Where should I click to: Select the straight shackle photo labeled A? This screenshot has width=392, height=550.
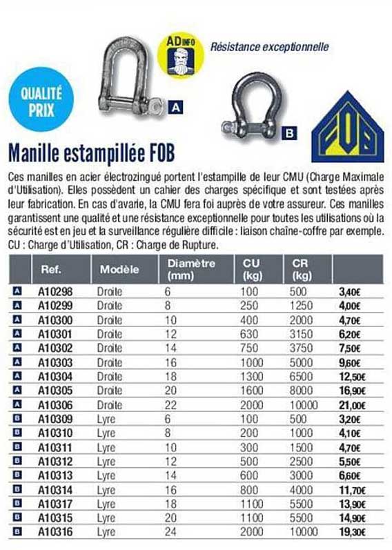tap(130, 77)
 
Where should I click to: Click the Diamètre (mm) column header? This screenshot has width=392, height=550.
tap(190, 268)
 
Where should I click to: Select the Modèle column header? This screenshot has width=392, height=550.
tap(119, 269)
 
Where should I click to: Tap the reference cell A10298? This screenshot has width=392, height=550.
tap(55, 292)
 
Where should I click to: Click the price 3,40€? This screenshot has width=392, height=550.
tap(350, 293)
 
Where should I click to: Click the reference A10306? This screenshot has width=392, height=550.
tap(55, 405)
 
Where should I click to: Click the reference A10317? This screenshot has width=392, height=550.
tap(55, 504)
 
